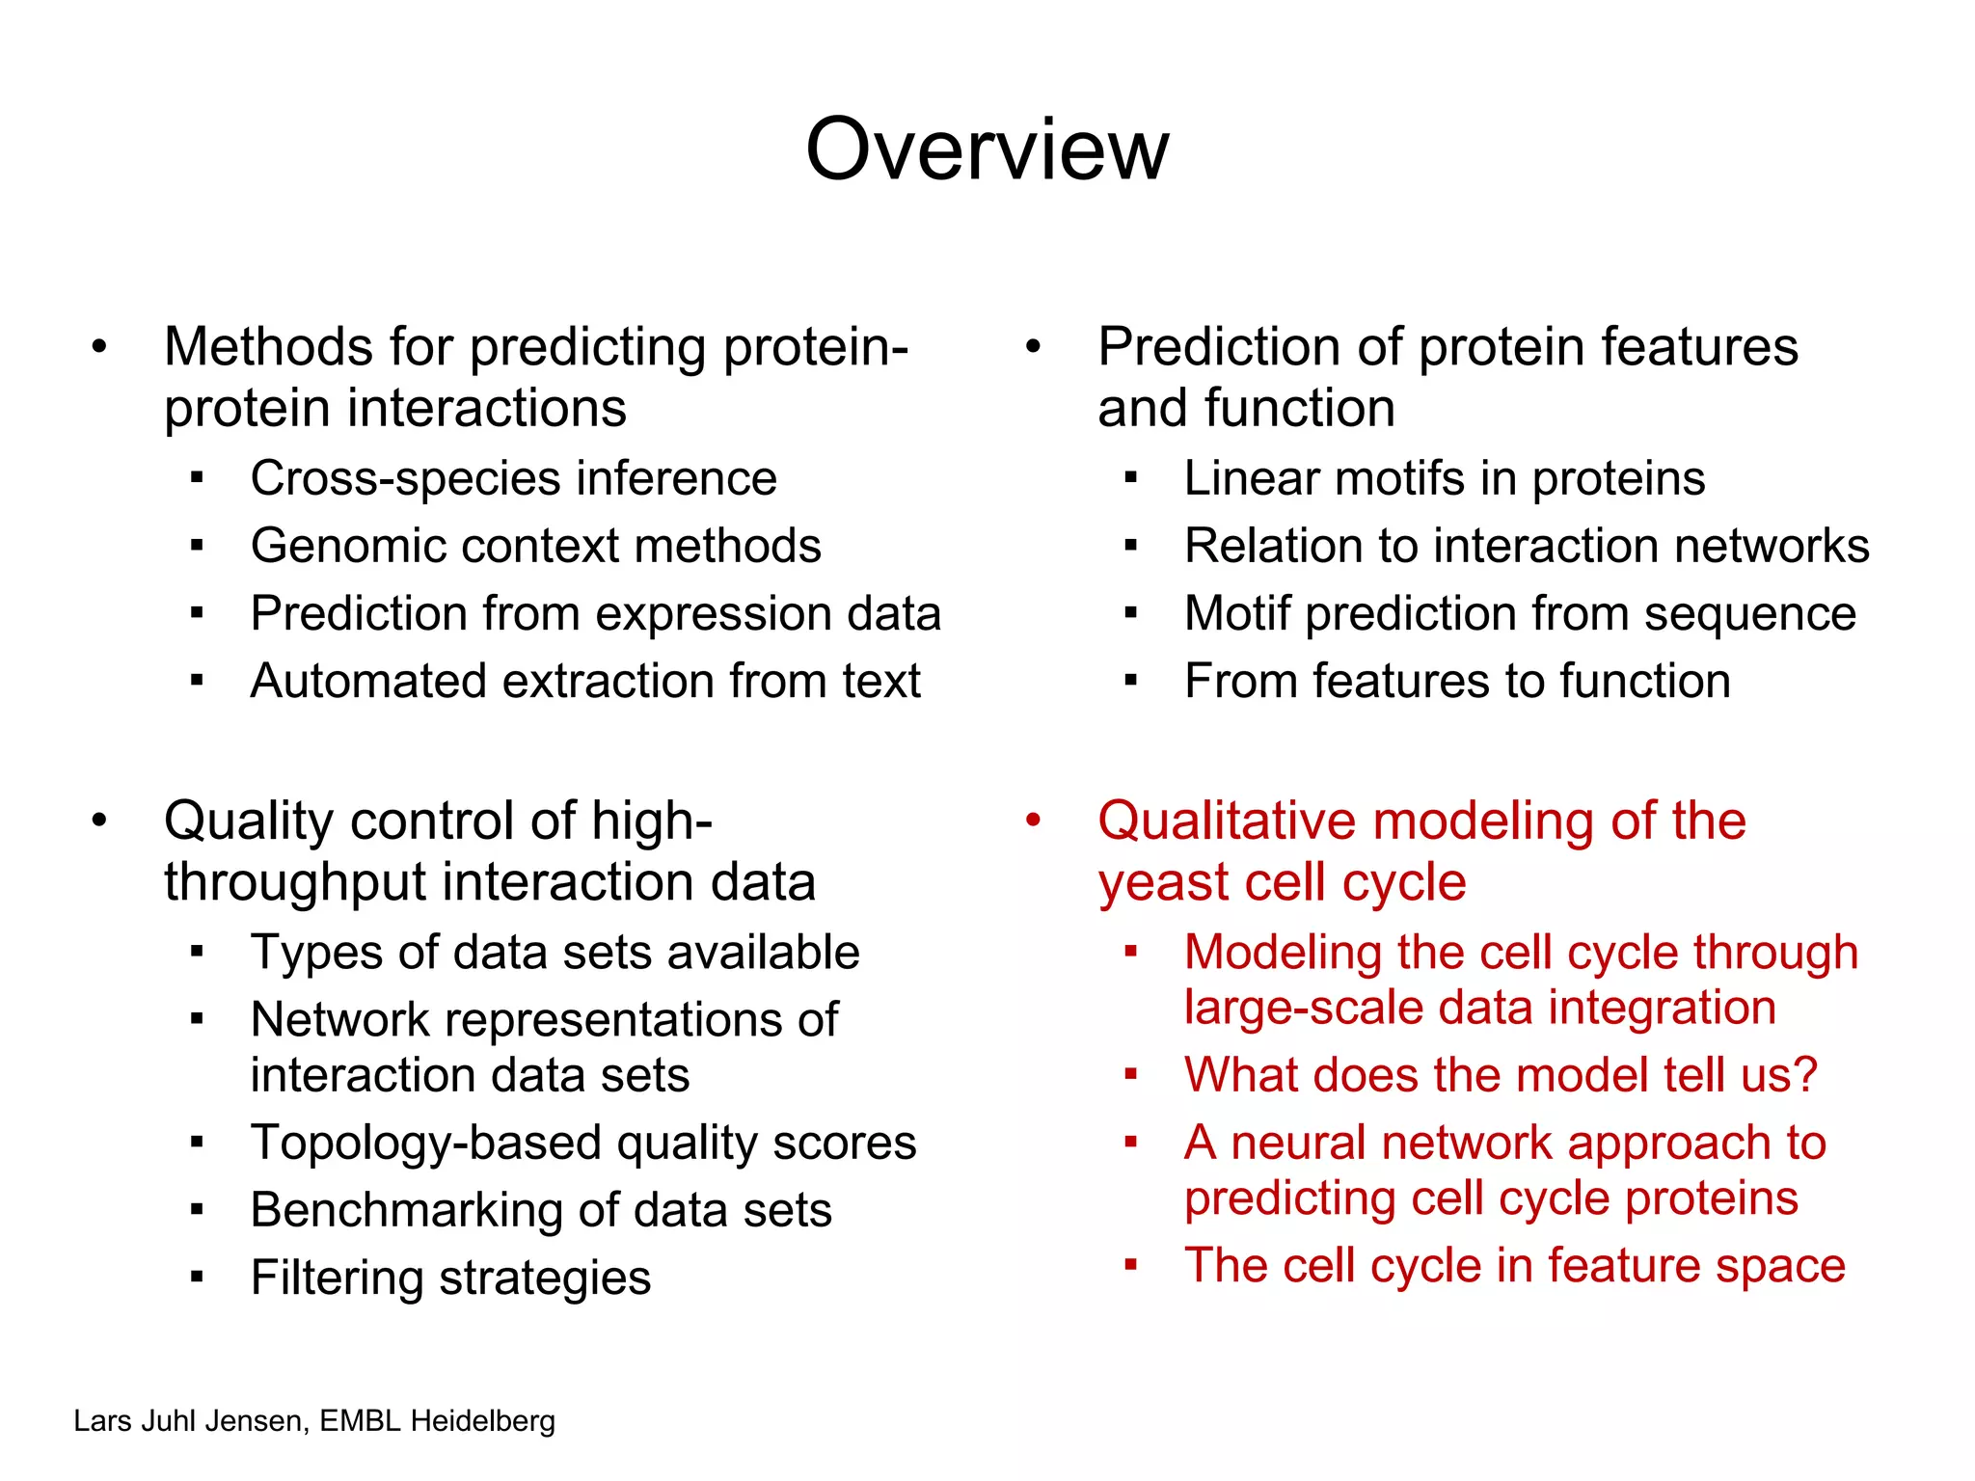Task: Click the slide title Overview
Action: tap(987, 149)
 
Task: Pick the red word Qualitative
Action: tap(1226, 821)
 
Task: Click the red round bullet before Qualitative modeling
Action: tap(1033, 821)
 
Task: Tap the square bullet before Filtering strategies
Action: tap(197, 1279)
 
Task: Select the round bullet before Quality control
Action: tap(99, 821)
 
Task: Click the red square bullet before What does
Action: tap(1131, 1074)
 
